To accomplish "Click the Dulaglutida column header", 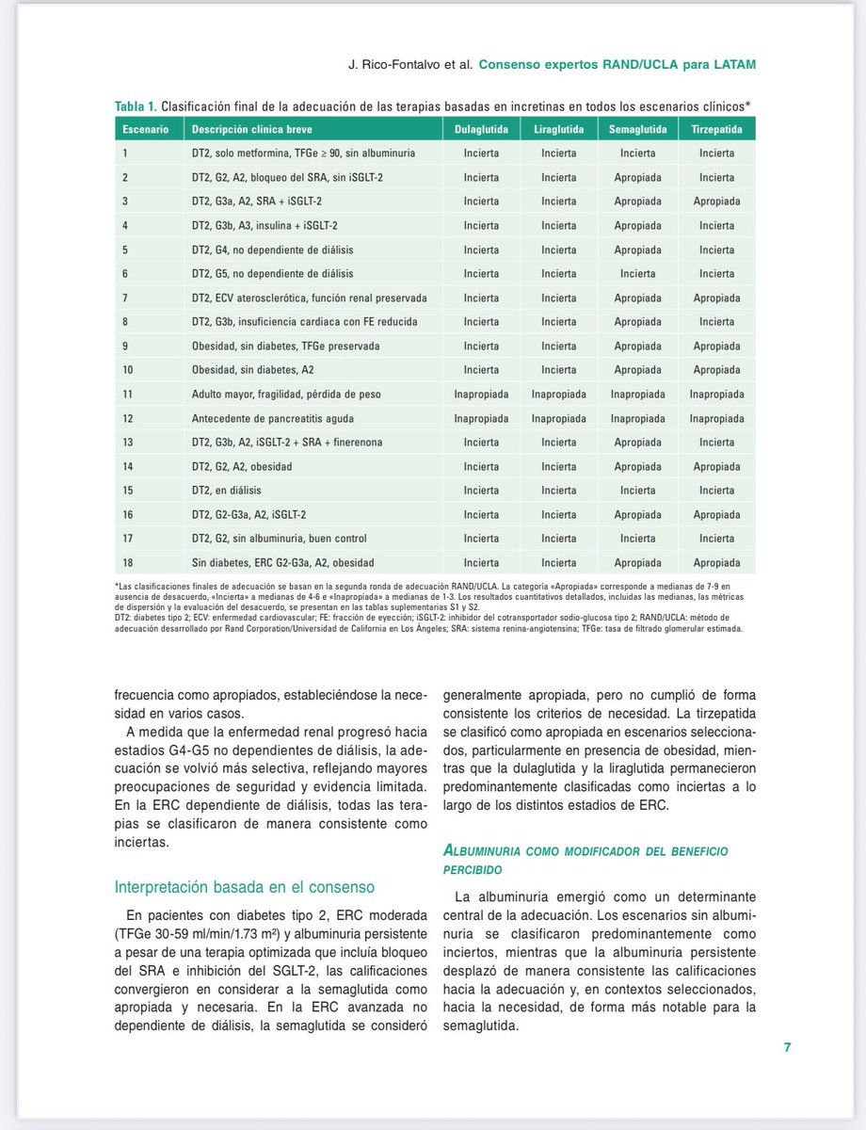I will pyautogui.click(x=482, y=128).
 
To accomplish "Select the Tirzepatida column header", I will pyautogui.click(x=716, y=128).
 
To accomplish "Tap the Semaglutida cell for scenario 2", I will pyautogui.click(x=637, y=177).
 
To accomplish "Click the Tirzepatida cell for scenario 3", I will pyautogui.click(x=716, y=202).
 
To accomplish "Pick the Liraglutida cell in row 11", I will pyautogui.click(x=558, y=394).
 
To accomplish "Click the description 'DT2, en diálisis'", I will pyautogui.click(x=226, y=491).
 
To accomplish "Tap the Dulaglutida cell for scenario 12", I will pyautogui.click(x=482, y=418).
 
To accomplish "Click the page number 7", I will pyautogui.click(x=786, y=1047).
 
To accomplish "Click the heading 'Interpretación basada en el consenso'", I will pyautogui.click(x=244, y=886).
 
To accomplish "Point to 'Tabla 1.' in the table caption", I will pyautogui.click(x=136, y=105).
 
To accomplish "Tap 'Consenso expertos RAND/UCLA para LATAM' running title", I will pyautogui.click(x=617, y=64).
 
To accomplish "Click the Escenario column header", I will pyautogui.click(x=143, y=128).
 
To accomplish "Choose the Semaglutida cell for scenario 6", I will pyautogui.click(x=637, y=274).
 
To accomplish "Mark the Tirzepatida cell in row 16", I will pyautogui.click(x=716, y=514).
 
